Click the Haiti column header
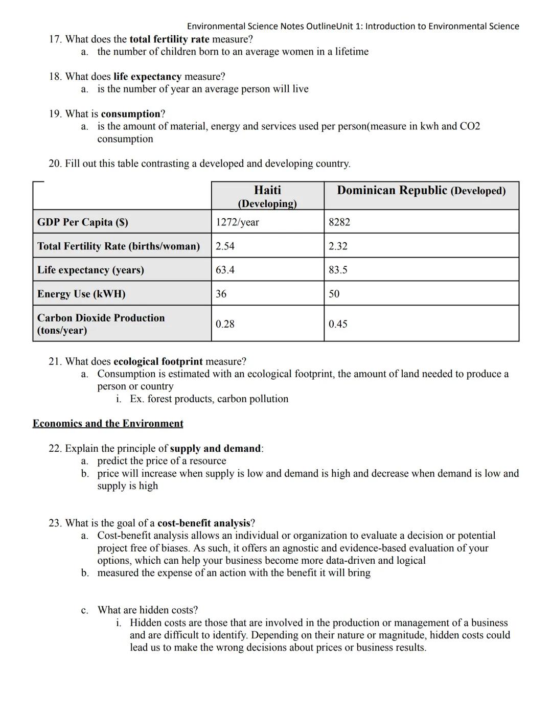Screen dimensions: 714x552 [x=267, y=196]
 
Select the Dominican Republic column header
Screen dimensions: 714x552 [x=421, y=191]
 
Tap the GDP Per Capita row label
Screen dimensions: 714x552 [x=83, y=222]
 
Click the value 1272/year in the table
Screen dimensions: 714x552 [x=237, y=222]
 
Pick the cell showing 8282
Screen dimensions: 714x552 [x=339, y=222]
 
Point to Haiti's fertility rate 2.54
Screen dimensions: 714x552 [x=225, y=246]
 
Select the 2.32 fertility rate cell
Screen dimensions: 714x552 [x=338, y=246]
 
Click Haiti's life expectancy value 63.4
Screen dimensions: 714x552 [x=225, y=269]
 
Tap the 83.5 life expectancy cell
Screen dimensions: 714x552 [x=338, y=269]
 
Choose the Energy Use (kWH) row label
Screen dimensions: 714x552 [x=81, y=293]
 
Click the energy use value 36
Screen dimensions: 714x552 [x=221, y=293]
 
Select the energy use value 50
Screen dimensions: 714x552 [x=334, y=293]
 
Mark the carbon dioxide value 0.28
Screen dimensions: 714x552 [x=225, y=324]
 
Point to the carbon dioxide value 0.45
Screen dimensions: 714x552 [x=338, y=324]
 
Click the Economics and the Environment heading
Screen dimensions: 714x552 [x=108, y=423]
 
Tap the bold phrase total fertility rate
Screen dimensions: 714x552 [x=169, y=39]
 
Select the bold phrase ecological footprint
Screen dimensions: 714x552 [x=158, y=361]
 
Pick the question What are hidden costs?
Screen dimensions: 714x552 [x=148, y=610]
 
